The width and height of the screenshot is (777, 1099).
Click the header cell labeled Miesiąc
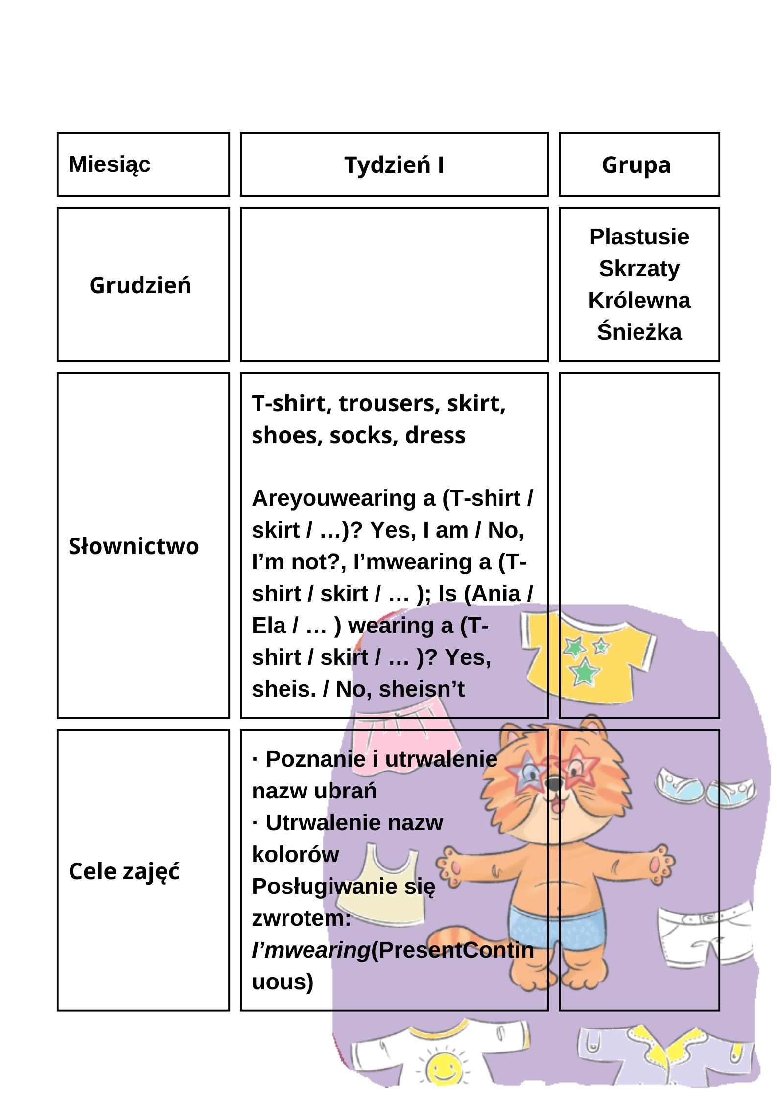(x=110, y=164)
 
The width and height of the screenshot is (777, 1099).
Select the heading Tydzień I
(x=394, y=165)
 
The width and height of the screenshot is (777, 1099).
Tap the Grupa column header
(x=636, y=165)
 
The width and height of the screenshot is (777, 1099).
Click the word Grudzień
(x=141, y=285)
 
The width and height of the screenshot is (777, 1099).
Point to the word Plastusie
(x=639, y=237)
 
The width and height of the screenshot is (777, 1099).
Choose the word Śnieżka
(x=639, y=332)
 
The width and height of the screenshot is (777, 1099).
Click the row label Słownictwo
(x=134, y=546)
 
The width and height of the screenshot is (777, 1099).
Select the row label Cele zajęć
(x=124, y=871)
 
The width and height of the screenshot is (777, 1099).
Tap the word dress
(x=435, y=435)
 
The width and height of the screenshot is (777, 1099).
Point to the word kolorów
(x=295, y=854)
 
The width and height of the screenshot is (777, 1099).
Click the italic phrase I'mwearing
(x=310, y=950)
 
